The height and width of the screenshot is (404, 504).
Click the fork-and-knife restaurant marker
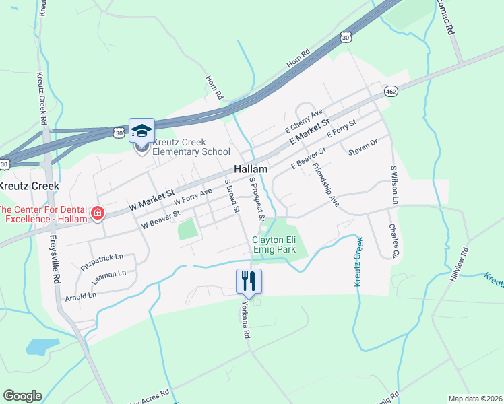click(x=249, y=280)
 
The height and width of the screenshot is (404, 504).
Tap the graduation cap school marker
click(x=141, y=130)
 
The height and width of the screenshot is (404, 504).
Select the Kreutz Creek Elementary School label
click(x=191, y=147)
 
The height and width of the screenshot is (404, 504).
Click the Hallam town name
click(x=251, y=169)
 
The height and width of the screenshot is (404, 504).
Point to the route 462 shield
click(x=391, y=91)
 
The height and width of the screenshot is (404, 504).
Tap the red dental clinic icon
click(x=98, y=213)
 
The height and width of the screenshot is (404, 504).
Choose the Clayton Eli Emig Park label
click(x=274, y=244)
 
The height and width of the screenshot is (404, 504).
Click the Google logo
click(x=22, y=396)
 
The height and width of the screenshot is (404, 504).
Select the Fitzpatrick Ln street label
click(x=102, y=257)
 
